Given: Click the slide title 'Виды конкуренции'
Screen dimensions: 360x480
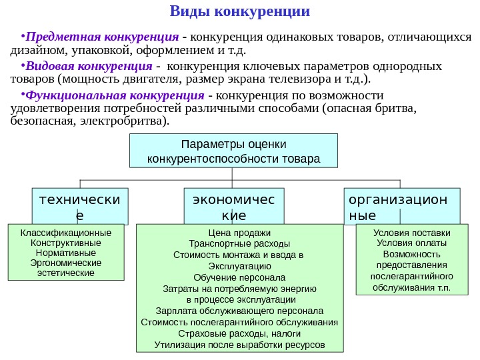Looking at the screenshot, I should click(240, 11).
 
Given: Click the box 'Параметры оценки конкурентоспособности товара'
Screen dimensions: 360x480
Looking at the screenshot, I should click(233, 151).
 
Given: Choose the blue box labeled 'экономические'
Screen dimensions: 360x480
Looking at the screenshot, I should click(233, 207).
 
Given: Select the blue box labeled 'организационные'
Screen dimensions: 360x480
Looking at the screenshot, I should click(403, 207).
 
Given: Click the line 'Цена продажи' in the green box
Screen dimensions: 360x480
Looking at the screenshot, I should click(239, 233).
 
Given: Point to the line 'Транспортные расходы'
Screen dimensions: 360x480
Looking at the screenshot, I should click(239, 244).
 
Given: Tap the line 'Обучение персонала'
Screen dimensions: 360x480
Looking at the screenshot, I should click(239, 277).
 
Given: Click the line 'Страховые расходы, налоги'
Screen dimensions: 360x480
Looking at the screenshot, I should click(239, 333).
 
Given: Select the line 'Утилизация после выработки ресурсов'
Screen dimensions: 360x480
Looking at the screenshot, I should click(239, 345).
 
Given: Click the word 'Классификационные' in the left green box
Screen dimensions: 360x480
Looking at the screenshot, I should click(66, 233).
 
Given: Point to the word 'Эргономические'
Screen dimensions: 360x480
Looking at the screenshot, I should click(66, 263).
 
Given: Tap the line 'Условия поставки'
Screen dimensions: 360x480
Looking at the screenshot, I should click(411, 233).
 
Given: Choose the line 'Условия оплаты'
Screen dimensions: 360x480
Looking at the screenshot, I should click(411, 243).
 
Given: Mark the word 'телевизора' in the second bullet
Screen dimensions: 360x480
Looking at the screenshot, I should click(309, 81).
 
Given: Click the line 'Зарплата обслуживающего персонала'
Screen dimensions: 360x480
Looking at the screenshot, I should click(239, 311).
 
